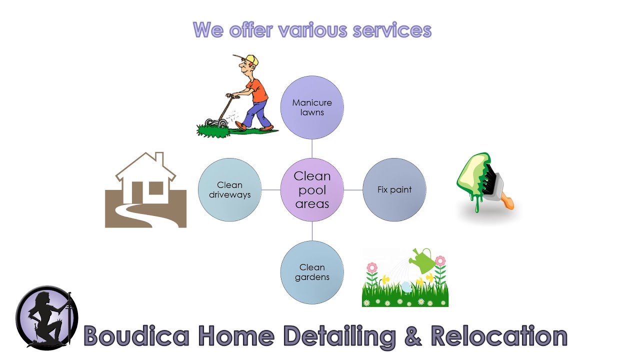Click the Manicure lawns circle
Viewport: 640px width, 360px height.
coord(312,107)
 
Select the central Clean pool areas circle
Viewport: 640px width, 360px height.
coord(312,189)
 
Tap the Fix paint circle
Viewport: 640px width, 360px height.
coord(394,189)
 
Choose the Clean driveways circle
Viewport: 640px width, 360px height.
coord(229,189)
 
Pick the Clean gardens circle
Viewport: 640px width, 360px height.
coord(312,272)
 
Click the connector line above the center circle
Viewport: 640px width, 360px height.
coord(312,148)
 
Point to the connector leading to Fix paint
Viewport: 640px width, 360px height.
coord(353,189)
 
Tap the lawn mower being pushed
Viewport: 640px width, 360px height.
coord(218,114)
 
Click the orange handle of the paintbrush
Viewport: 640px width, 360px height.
coord(507,200)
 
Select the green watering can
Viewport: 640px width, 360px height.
coord(422,260)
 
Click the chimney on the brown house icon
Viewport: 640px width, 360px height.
coord(159,159)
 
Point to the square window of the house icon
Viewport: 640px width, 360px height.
coord(156,188)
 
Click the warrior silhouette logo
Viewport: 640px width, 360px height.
coord(47,317)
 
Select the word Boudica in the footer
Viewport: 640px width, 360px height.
coord(136,335)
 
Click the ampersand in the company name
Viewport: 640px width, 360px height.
coord(413,336)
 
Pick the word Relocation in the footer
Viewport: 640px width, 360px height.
coord(499,335)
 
